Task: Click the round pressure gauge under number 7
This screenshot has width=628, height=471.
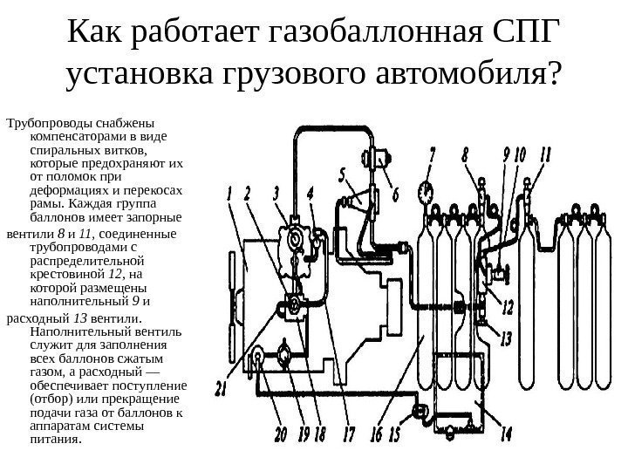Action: (426, 189)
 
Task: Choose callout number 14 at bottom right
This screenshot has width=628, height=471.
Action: (507, 433)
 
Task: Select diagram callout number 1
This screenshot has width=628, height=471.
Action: (231, 193)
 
